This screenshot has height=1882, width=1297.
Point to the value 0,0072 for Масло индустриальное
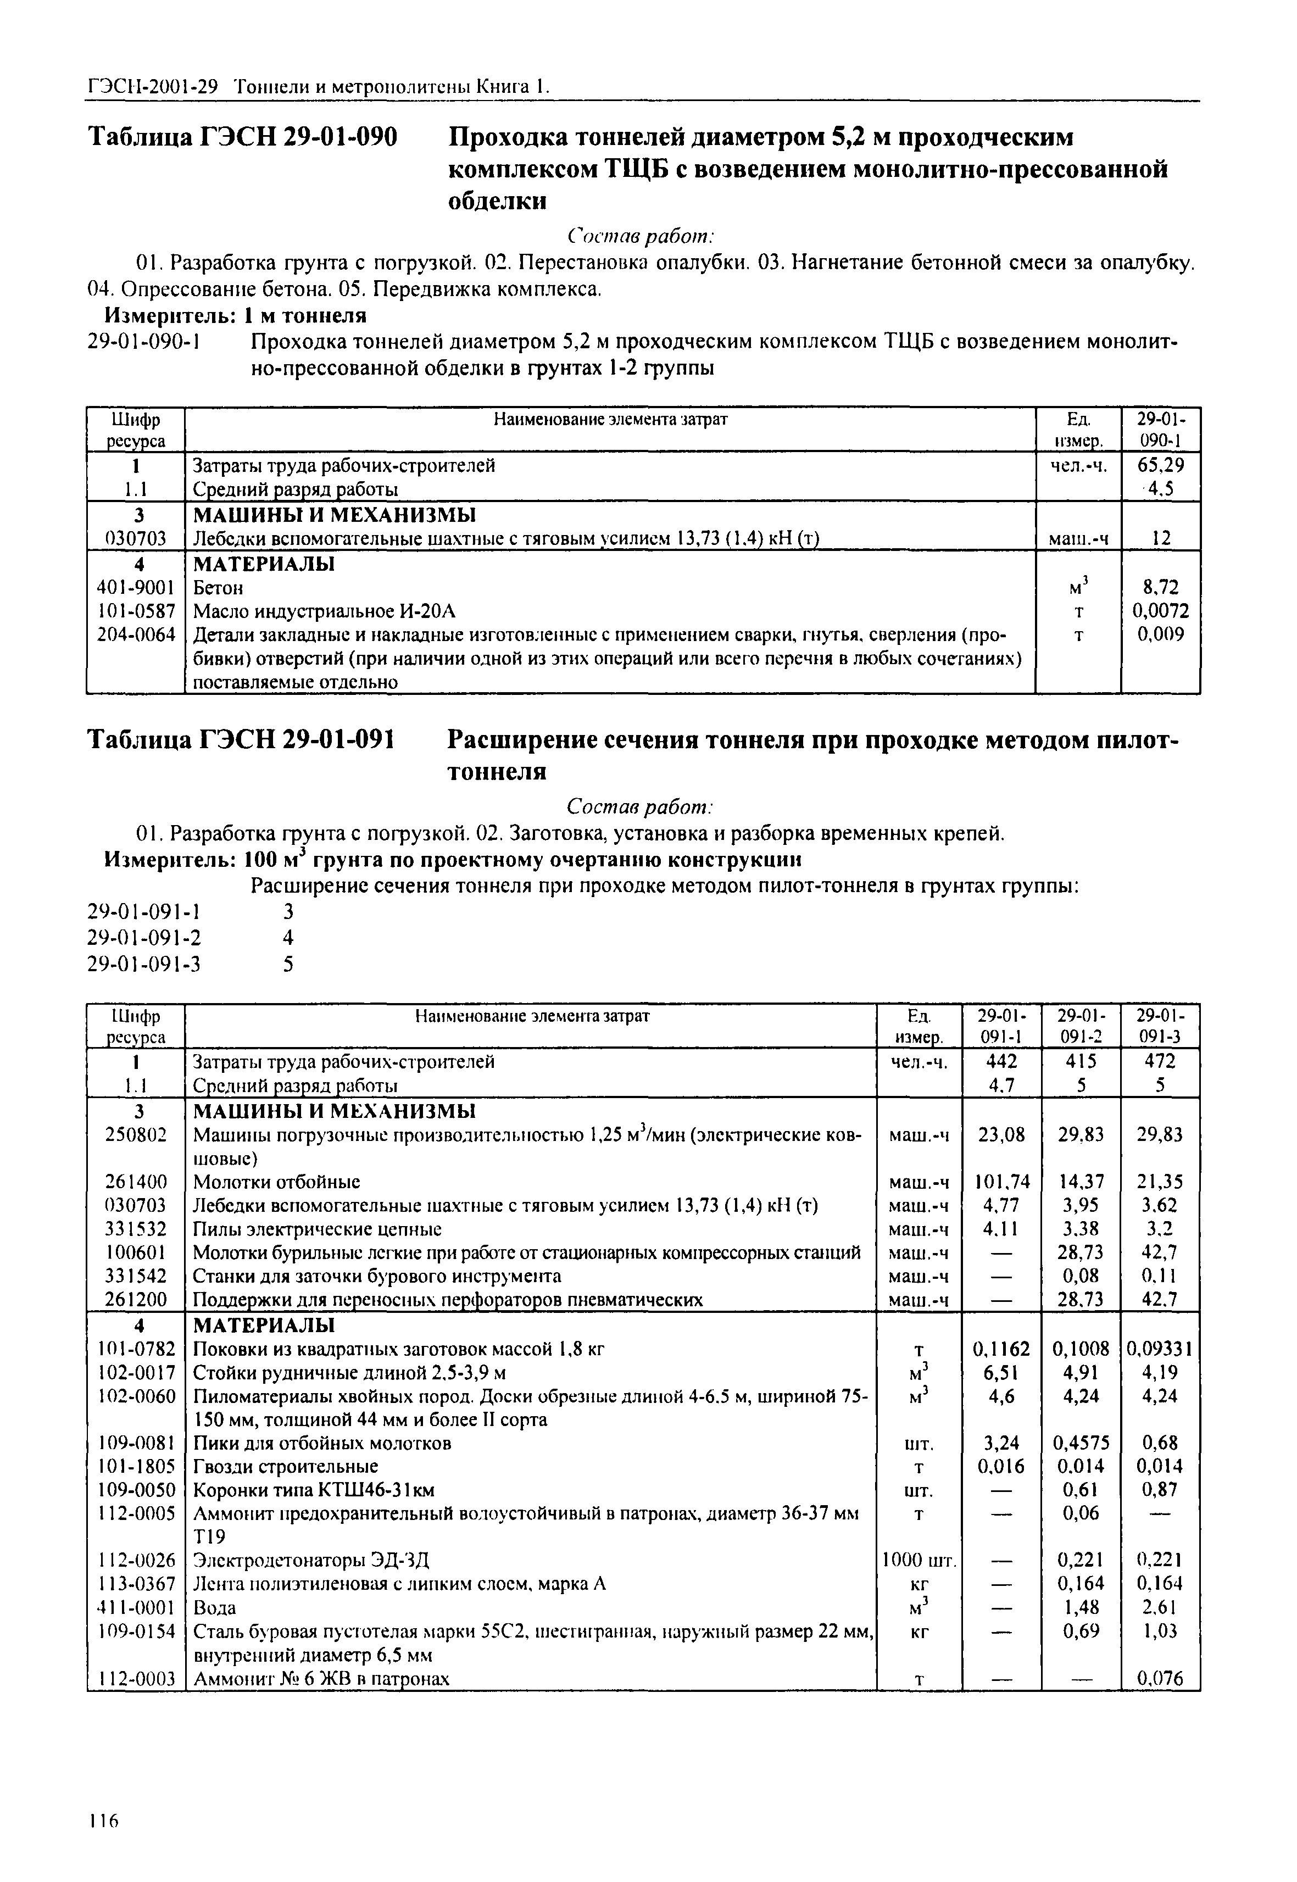pyautogui.click(x=1160, y=611)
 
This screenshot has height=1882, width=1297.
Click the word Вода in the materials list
pyautogui.click(x=215, y=1608)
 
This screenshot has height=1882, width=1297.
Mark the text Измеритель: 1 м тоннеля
pyautogui.click(x=236, y=315)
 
